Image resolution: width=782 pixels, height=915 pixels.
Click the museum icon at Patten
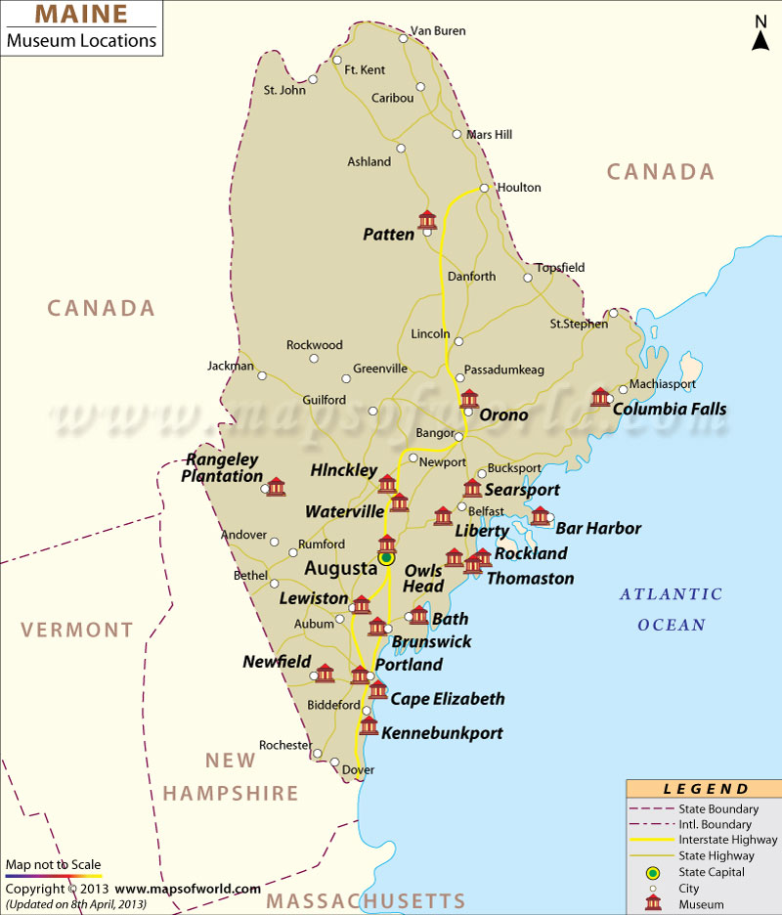(x=427, y=220)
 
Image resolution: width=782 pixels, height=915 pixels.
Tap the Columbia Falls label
(x=670, y=409)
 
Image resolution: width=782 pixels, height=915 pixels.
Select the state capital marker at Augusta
(x=386, y=558)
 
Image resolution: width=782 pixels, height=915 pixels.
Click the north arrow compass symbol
(x=760, y=33)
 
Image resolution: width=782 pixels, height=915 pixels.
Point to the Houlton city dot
(x=484, y=188)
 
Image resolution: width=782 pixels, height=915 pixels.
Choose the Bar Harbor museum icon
(x=540, y=515)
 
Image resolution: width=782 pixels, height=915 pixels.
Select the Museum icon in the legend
(x=652, y=904)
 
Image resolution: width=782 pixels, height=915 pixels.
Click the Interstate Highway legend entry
(x=727, y=840)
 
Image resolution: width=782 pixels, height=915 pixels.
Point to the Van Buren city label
(x=437, y=30)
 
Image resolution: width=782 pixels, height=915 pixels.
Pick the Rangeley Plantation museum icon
(x=276, y=486)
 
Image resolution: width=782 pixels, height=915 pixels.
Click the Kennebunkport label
(x=442, y=732)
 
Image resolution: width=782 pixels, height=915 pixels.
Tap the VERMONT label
(x=79, y=631)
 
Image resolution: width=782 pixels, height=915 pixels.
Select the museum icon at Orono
(x=469, y=398)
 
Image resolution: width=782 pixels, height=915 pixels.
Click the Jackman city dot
(x=261, y=375)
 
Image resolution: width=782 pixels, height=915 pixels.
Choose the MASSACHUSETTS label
(x=367, y=900)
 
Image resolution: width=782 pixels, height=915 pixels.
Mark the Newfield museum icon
(x=325, y=673)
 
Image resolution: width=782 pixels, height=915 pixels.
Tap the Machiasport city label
(x=663, y=384)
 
